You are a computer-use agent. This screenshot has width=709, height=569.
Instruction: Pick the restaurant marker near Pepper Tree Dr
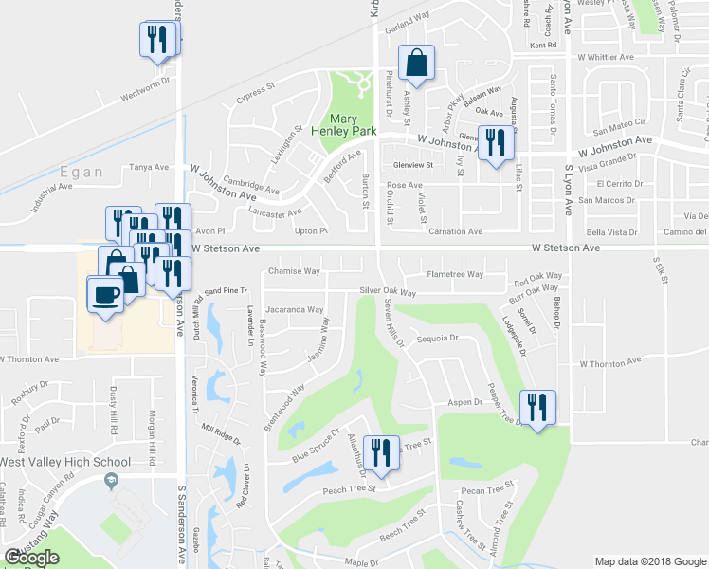click(x=537, y=409)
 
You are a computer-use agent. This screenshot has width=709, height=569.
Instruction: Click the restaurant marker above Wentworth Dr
click(x=157, y=39)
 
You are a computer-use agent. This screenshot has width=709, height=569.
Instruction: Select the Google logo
click(x=32, y=558)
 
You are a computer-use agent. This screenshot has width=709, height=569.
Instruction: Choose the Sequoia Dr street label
click(x=438, y=337)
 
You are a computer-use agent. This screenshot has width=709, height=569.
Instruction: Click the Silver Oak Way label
click(x=388, y=292)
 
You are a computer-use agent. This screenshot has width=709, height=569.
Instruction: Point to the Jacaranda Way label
click(x=295, y=309)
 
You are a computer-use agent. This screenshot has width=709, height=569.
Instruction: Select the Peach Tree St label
click(x=350, y=489)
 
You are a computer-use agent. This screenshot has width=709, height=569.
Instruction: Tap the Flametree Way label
click(x=455, y=274)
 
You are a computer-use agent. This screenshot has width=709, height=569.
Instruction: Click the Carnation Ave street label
click(x=455, y=231)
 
